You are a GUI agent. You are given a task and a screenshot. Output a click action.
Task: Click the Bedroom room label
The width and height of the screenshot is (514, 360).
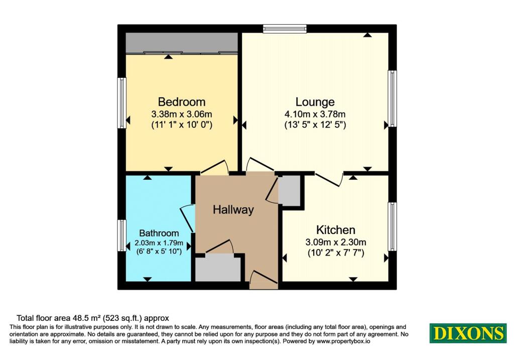coord(182,101)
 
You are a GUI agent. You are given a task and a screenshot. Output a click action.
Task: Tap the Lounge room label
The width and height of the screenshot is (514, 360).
coord(315,102)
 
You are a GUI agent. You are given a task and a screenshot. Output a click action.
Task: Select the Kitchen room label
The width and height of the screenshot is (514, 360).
coord(336,229)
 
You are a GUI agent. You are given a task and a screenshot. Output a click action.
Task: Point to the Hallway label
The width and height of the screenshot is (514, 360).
coord(233,210)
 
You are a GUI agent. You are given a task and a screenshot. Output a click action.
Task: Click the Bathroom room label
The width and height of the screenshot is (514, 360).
coord(159,233)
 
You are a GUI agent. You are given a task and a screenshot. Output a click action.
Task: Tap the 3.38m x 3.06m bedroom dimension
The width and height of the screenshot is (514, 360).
coord(182,114)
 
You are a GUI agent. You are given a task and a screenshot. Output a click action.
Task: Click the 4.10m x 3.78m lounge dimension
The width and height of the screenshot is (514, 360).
coord(315,114)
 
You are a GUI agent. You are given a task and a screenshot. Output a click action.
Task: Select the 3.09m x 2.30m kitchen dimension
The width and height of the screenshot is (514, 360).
coord(336,243)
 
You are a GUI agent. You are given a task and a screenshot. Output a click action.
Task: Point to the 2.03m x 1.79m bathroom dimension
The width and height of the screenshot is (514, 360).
coord(159,244)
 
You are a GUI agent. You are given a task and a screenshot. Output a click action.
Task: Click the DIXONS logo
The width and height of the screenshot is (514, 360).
coord(468,333)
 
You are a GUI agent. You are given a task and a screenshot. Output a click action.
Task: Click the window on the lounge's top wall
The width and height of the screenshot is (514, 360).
coord(285,29)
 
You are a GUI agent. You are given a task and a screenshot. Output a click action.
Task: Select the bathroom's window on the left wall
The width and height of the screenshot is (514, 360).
coord(122,235)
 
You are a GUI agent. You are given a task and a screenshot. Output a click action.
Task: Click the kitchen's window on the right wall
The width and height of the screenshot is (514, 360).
coord(393,226)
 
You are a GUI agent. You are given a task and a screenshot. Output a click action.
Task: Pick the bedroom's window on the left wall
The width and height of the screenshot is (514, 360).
coord(122,102)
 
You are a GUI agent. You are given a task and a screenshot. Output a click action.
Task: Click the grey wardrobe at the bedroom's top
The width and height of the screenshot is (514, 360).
coord(182,43)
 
